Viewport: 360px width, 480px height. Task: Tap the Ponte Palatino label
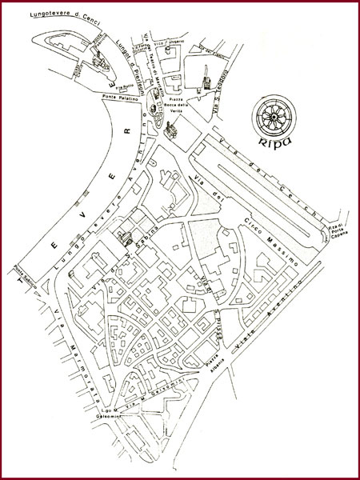pyautogui.click(x=120, y=97)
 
